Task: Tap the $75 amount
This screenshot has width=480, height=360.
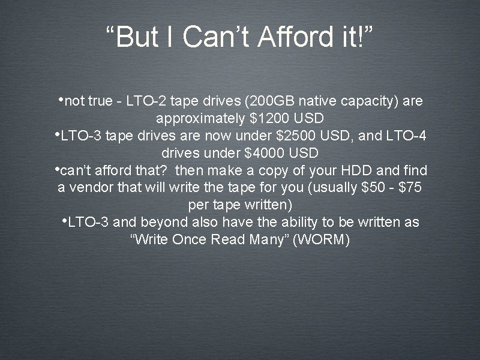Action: tap(408, 187)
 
